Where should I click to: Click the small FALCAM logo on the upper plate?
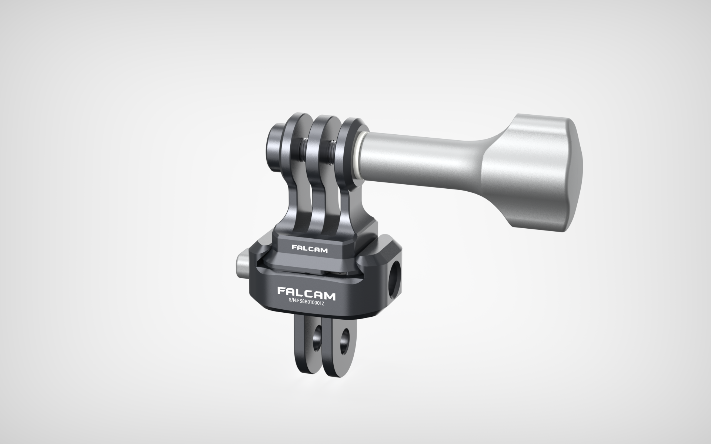click(x=310, y=250)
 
